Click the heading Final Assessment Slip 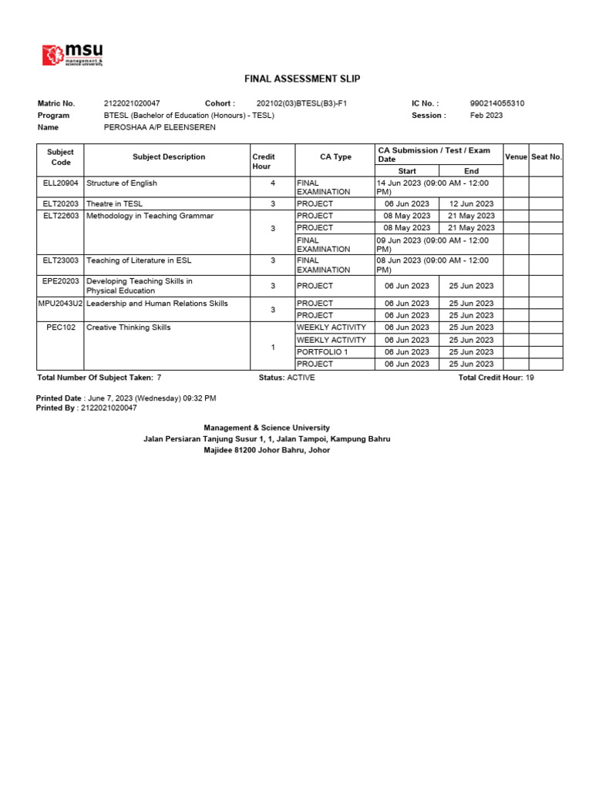[301, 79]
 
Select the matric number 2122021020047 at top [132, 103]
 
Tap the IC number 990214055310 [497, 103]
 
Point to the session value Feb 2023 [486, 116]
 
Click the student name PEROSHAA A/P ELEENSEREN [160, 127]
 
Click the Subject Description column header [169, 157]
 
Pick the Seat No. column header [547, 157]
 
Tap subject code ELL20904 [60, 183]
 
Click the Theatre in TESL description [114, 204]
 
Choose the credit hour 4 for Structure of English [273, 183]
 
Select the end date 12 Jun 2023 [471, 204]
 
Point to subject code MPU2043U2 [60, 304]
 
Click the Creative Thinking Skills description [128, 328]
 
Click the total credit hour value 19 [530, 378]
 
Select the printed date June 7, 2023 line [126, 398]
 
